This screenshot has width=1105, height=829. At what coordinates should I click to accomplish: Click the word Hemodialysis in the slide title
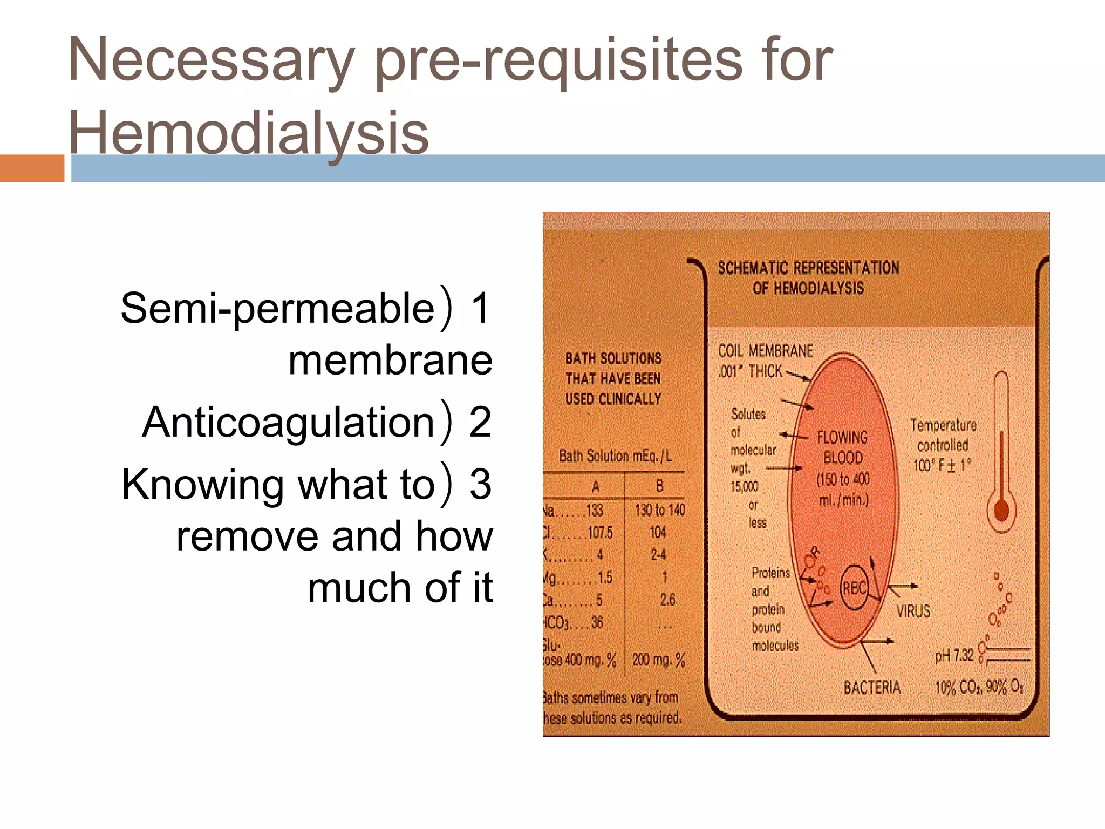pos(248,133)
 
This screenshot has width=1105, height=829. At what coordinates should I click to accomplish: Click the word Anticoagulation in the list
pos(288,422)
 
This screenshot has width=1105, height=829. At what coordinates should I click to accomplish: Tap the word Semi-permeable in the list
pos(277,308)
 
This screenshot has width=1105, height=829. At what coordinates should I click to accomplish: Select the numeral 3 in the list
pos(480,484)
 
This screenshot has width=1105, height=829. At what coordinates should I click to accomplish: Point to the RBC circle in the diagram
pos(854,588)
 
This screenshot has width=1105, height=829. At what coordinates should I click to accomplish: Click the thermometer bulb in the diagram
pos(1001,511)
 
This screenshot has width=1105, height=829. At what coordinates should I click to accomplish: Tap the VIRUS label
pos(913,611)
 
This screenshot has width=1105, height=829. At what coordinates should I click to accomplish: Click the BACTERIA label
pos(872,687)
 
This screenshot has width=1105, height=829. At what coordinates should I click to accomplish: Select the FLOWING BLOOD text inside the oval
pos(842,447)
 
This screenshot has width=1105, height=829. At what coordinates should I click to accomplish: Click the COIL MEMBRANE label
pos(765,351)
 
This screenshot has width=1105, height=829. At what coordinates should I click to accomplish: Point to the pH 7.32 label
pos(954,656)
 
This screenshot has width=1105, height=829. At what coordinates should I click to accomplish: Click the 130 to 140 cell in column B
pos(659,510)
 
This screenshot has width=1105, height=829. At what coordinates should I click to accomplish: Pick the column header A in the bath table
pos(596,487)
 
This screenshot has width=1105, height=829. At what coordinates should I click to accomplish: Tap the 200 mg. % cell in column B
pos(658,660)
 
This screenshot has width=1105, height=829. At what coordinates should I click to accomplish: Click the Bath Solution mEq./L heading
pos(615,456)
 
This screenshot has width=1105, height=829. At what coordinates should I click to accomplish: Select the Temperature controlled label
pos(943,435)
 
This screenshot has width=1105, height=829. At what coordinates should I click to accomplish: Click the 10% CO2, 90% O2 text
pos(979,687)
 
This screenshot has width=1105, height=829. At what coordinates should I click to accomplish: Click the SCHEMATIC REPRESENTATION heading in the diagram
pos(808,268)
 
